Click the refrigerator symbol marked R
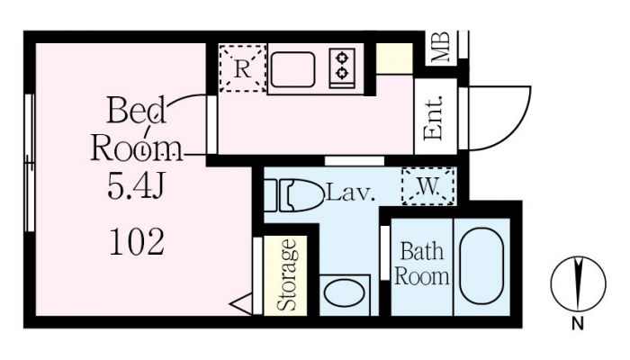pyautogui.click(x=243, y=68)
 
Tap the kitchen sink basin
pyautogui.click(x=292, y=69)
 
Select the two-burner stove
pyautogui.click(x=342, y=67)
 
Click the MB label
pyautogui.click(x=441, y=47)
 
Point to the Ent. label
pyautogui.click(x=434, y=119)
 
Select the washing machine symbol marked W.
pyautogui.click(x=428, y=186)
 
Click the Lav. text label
pyautogui.click(x=352, y=193)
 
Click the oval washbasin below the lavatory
pyautogui.click(x=345, y=295)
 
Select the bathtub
pyautogui.click(x=481, y=266)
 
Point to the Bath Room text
pyautogui.click(x=421, y=264)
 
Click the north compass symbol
pyautogui.click(x=578, y=283)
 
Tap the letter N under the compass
pyautogui.click(x=578, y=323)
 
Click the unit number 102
pyautogui.click(x=137, y=242)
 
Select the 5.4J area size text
pyautogui.click(x=136, y=186)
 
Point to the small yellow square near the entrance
pyautogui.click(x=394, y=58)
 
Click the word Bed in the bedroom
pyautogui.click(x=136, y=110)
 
